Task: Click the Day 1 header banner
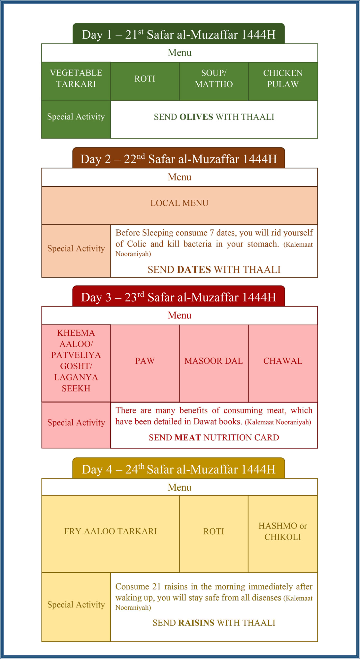pos(179,34)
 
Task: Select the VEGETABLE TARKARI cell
pos(76,79)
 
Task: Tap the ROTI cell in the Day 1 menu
pos(145,79)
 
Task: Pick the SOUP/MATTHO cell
pos(214,79)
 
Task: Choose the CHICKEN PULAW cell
pos(283,79)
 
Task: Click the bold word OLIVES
pos(196,117)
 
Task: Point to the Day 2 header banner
pos(179,159)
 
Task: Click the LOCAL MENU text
pos(179,203)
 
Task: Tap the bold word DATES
pos(194,270)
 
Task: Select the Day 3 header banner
pos(179,297)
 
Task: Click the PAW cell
pos(145,361)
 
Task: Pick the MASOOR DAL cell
pos(214,361)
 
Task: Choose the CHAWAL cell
pos(283,361)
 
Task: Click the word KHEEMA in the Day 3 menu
pos(76,333)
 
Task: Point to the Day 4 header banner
pos(179,469)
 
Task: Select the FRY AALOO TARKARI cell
pos(110,531)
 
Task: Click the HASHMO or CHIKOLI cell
pos(283,531)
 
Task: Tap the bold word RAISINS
pos(196,623)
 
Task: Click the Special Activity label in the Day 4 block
pos(76,604)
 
